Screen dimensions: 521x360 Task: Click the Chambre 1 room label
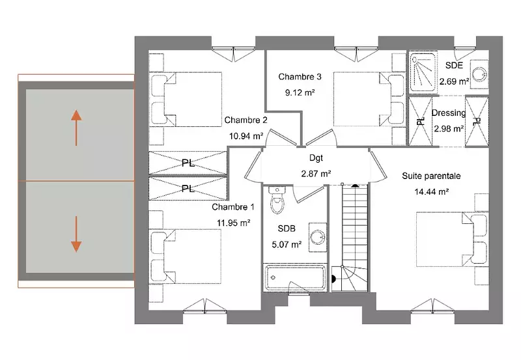233,207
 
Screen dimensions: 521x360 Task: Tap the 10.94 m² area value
246,136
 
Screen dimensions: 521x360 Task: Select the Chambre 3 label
300,77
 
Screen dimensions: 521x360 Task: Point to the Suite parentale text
431,176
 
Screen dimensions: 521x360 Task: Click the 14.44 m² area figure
432,191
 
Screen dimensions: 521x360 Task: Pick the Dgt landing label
316,158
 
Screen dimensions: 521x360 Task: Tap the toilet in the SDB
277,201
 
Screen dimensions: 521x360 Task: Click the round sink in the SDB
318,238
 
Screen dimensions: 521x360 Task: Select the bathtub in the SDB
295,277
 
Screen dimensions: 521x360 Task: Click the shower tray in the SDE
422,73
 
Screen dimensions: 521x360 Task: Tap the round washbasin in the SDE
479,74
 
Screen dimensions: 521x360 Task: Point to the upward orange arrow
76,128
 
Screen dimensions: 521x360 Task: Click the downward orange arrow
76,234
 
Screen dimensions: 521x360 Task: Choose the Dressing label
448,113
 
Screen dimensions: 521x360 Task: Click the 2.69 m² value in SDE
454,81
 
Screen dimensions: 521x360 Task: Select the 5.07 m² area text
287,245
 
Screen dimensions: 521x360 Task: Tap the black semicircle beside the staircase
333,279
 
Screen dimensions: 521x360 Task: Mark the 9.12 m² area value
300,92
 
